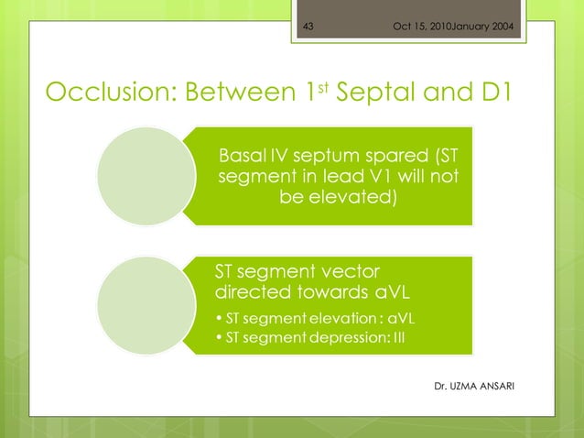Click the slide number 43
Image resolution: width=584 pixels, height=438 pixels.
tap(308, 25)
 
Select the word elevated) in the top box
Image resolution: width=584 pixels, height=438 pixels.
tap(357, 197)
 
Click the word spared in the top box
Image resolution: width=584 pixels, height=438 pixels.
tap(378, 153)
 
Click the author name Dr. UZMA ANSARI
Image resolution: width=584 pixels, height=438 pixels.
tap(473, 386)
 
